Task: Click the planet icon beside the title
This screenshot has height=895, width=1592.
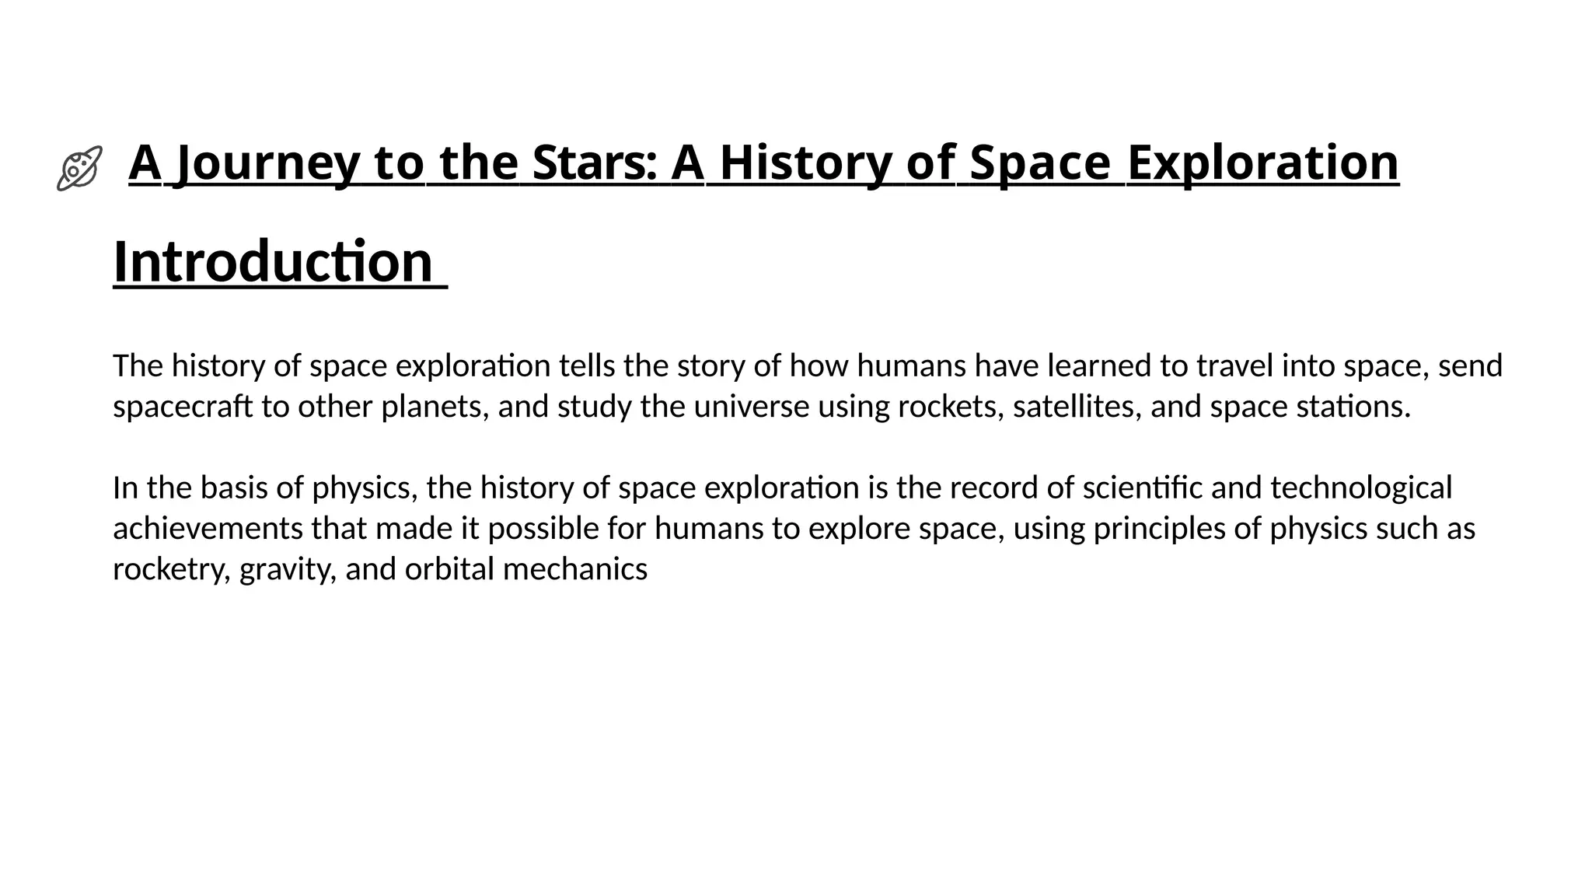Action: coord(79,167)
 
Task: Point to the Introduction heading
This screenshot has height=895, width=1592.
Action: coord(273,262)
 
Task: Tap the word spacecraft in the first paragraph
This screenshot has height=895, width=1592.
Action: coord(183,407)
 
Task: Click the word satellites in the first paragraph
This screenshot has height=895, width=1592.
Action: coord(1077,407)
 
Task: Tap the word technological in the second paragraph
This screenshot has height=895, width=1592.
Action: coord(1361,488)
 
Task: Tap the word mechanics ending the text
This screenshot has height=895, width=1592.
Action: coord(575,569)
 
